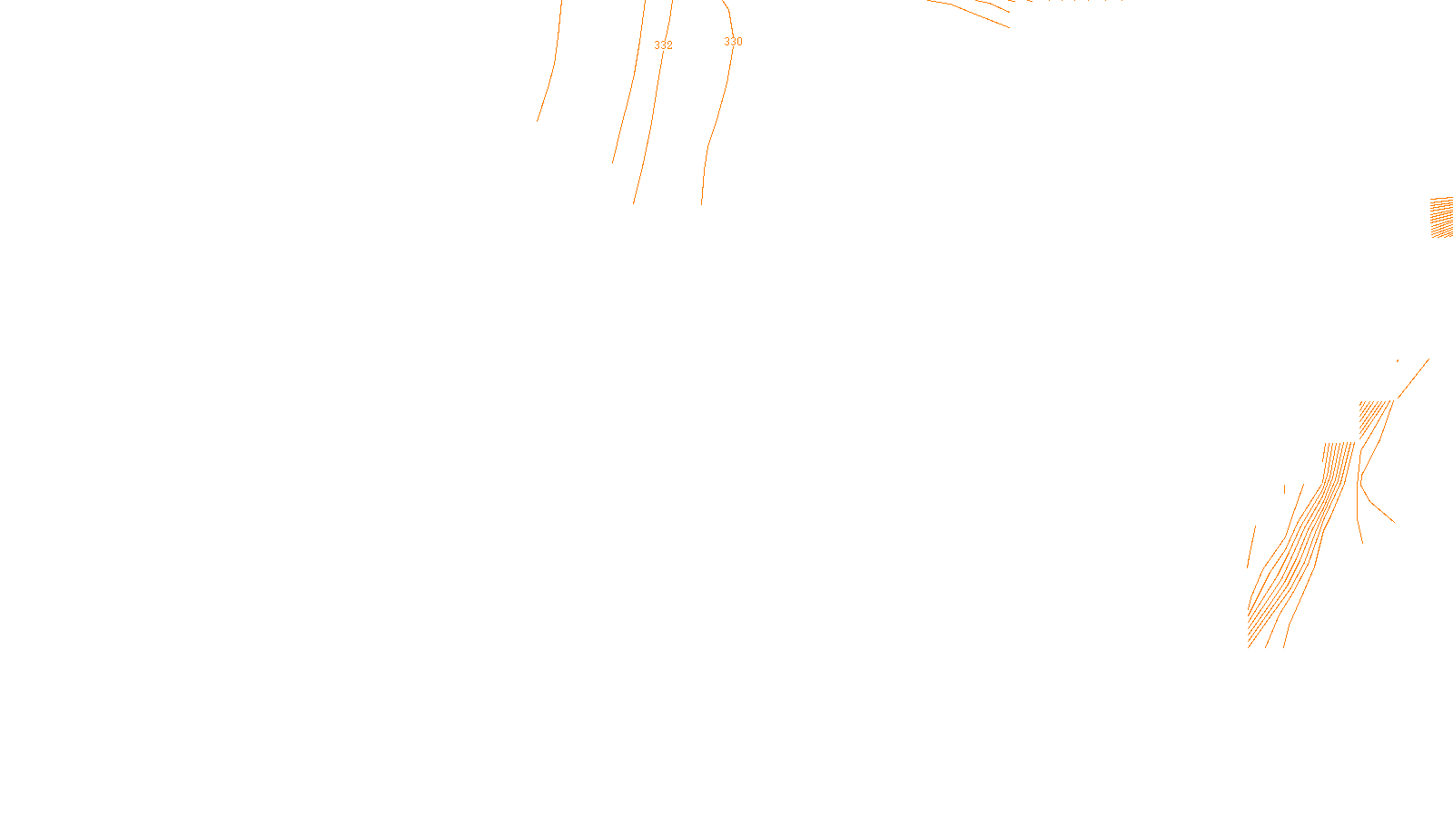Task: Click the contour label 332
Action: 663,45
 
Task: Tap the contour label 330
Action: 733,42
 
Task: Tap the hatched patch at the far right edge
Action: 1442,218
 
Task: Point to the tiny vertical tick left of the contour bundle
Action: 1285,489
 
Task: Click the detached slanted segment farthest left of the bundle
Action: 1251,546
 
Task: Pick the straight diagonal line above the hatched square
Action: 1413,379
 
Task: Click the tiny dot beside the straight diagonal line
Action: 1398,360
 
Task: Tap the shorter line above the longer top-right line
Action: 994,5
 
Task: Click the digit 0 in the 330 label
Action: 739,42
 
